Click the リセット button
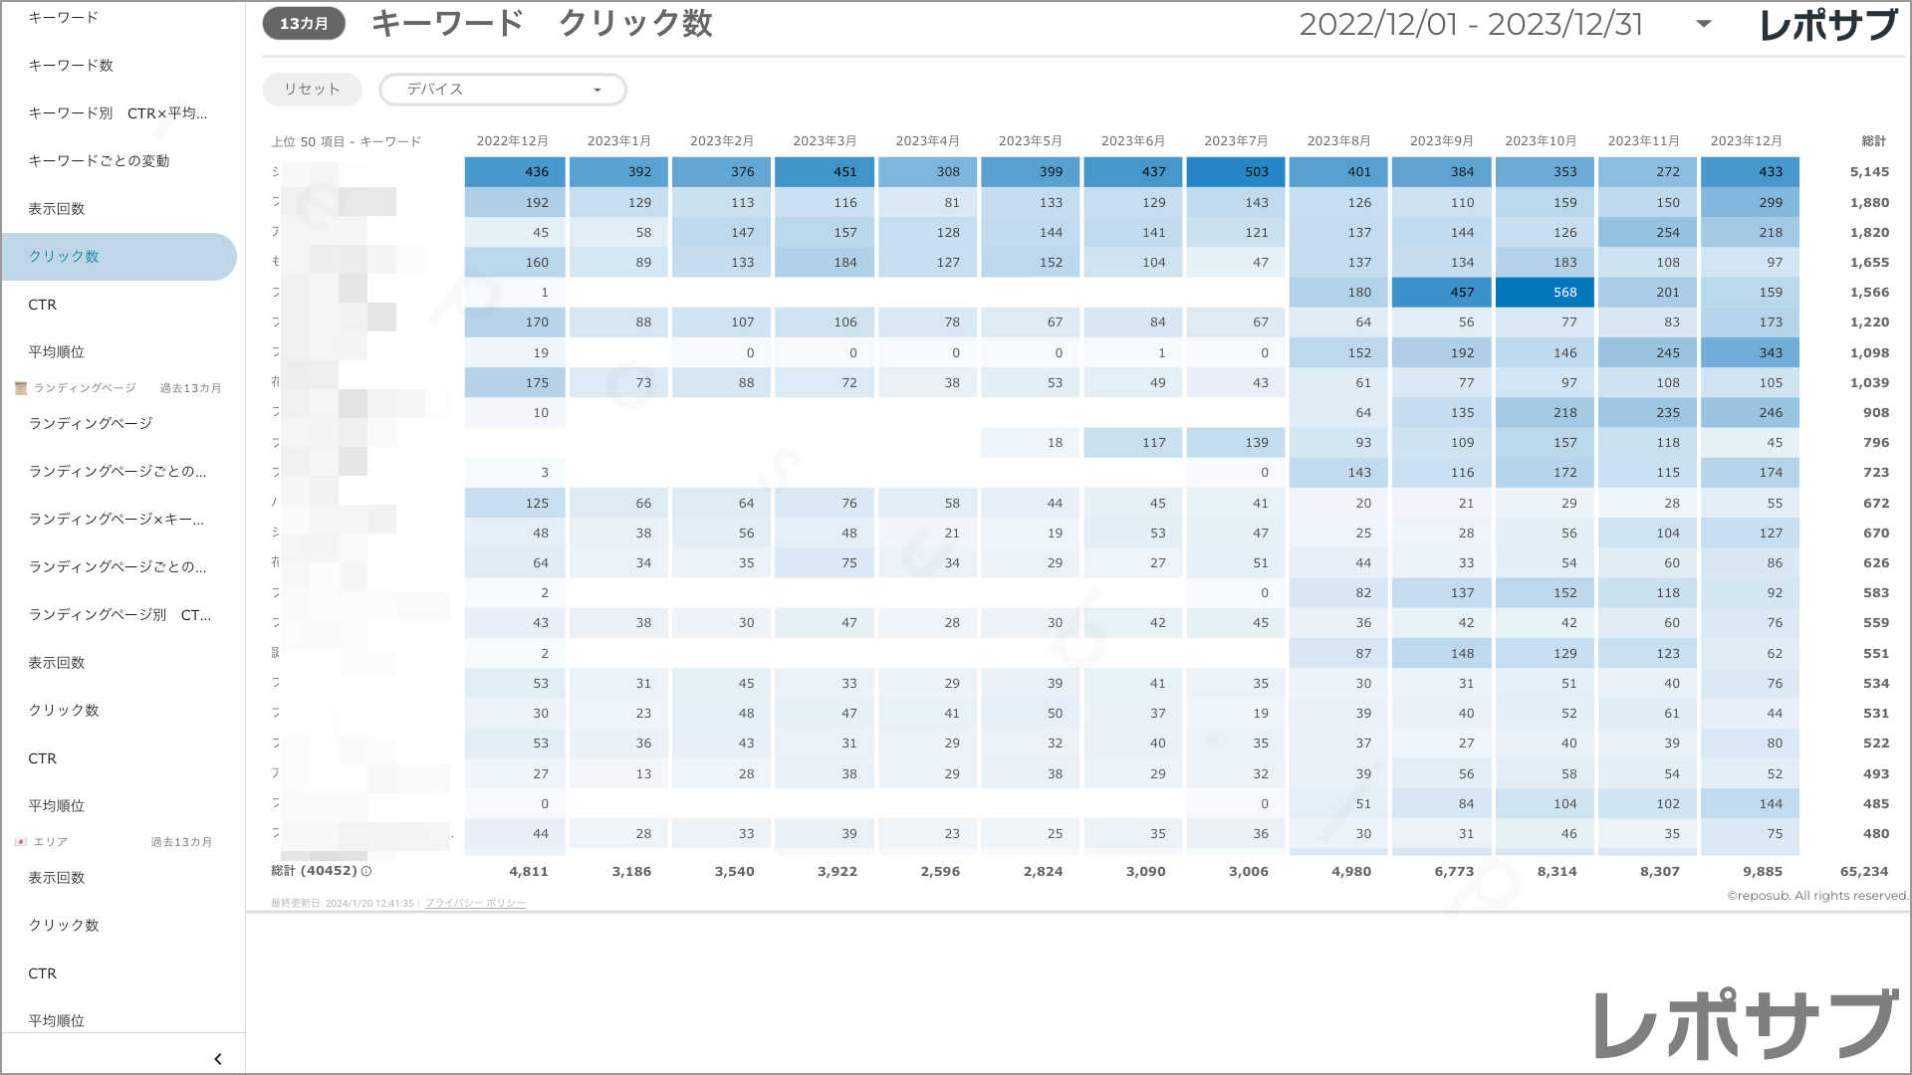[312, 90]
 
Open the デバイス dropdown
[503, 90]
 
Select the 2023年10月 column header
[1541, 141]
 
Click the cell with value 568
[1547, 293]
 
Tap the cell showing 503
[1237, 172]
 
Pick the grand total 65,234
[1864, 872]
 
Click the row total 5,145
[1869, 172]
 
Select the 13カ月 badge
[304, 24]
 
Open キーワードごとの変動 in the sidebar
[99, 161]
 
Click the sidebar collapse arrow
[218, 1059]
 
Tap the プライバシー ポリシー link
[475, 904]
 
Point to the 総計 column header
[1874, 141]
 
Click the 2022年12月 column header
[512, 141]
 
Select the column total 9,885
[1763, 872]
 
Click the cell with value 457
[1443, 293]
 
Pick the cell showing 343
[1752, 353]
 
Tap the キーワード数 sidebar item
[71, 66]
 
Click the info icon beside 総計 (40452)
[366, 872]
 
